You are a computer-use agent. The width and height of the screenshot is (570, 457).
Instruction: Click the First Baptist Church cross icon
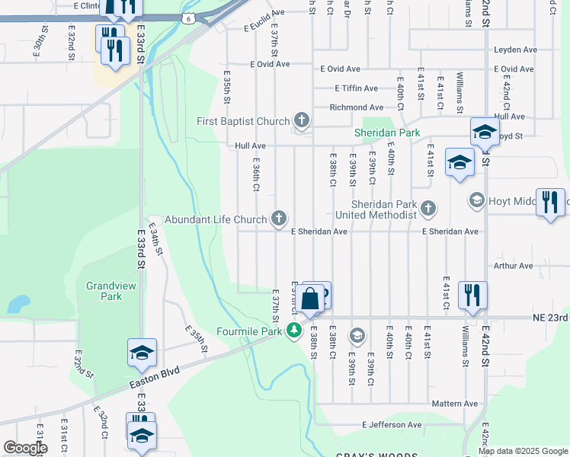(x=302, y=120)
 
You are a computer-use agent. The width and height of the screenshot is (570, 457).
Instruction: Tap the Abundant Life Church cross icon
(x=280, y=219)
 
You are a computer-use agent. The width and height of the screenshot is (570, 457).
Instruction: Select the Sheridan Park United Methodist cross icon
(x=428, y=207)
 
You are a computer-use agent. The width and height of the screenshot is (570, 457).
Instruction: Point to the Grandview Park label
(x=104, y=291)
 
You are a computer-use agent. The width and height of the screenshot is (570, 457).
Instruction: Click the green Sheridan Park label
(x=387, y=133)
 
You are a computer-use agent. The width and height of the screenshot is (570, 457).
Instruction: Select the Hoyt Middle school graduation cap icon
(x=477, y=200)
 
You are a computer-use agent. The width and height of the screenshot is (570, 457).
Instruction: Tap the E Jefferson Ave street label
(x=392, y=424)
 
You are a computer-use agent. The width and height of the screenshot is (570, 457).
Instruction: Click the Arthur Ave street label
(x=513, y=266)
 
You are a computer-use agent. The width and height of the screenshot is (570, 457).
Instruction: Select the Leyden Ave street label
(x=515, y=50)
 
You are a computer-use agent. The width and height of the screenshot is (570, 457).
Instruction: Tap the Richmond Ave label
(x=356, y=107)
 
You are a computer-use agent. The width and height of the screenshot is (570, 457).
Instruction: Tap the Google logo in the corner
(x=25, y=448)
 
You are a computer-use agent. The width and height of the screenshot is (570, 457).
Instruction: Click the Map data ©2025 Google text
(x=522, y=451)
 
